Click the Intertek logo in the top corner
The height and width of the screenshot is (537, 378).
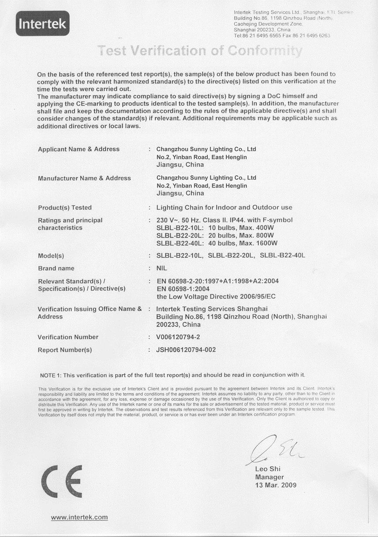[x=42, y=23]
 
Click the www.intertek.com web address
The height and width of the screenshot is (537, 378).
[x=79, y=517]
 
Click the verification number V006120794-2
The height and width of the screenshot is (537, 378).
[x=182, y=337]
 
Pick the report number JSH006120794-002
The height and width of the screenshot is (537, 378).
[x=186, y=350]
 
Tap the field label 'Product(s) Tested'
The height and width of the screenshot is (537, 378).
[x=65, y=207]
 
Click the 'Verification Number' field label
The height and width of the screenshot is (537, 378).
[x=68, y=337]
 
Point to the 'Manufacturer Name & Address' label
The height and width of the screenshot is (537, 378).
[x=84, y=178]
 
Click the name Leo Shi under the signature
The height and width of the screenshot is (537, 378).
[x=268, y=469]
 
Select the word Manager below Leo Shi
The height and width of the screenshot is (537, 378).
[x=269, y=477]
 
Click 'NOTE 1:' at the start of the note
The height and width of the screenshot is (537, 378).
[x=50, y=375]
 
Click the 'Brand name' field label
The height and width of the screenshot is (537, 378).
[x=56, y=268]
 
